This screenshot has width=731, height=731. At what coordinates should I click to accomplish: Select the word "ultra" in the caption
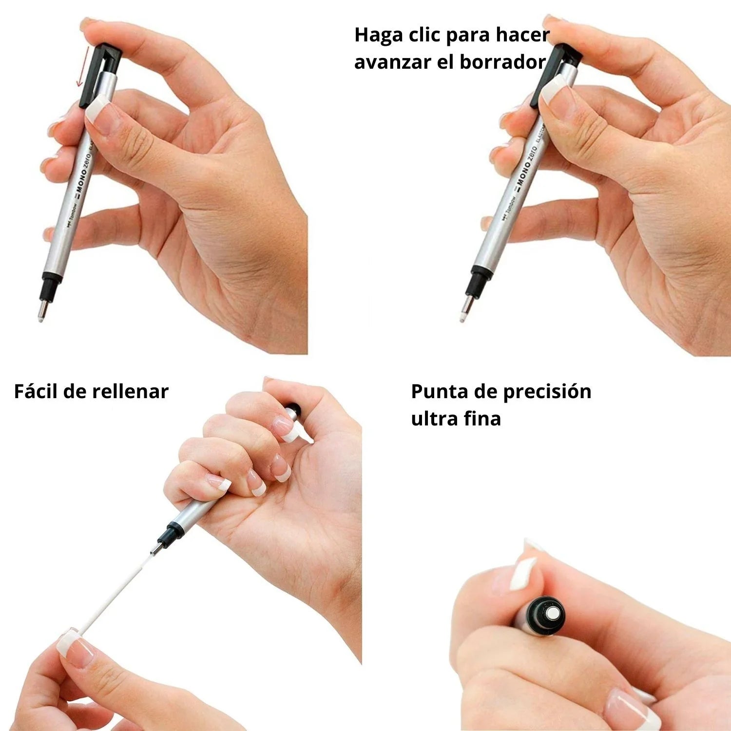(433, 419)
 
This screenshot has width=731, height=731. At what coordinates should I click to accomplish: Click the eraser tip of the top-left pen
(41, 318)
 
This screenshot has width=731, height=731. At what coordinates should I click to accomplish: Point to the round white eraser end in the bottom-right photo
(553, 613)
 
